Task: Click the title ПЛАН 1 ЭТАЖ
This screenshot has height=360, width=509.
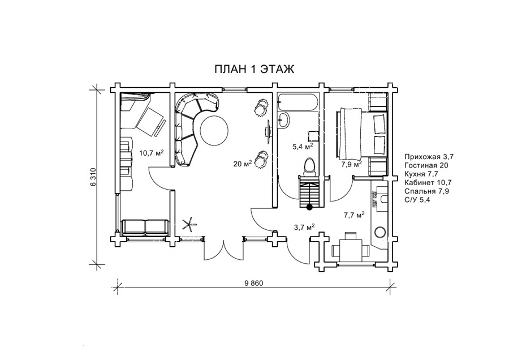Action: [254, 69]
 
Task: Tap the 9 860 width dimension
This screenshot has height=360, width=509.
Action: [253, 283]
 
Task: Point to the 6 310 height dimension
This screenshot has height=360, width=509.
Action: [93, 177]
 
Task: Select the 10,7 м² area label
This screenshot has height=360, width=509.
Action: [151, 152]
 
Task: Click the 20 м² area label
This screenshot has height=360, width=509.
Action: [243, 164]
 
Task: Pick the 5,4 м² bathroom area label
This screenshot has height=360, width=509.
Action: [303, 146]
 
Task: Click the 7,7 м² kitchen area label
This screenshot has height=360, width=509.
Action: [354, 215]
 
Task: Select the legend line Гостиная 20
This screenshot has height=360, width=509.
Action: [426, 165]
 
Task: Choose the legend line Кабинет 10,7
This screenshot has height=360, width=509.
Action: [428, 183]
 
